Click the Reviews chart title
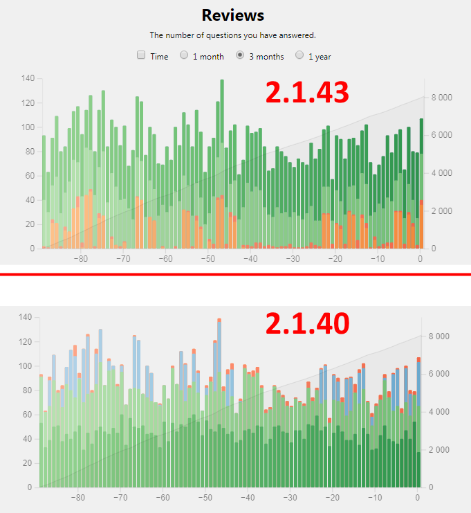point(232,15)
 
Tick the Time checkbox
point(141,55)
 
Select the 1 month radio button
point(184,55)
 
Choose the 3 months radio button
point(241,55)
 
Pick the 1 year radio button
point(299,55)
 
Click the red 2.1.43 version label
point(306,93)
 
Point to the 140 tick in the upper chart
point(28,78)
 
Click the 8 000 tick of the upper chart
point(441,98)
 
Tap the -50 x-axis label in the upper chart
point(207,259)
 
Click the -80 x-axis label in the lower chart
point(77,498)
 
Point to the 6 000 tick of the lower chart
point(441,374)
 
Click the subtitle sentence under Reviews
point(232,35)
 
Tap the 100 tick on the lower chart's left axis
point(26,366)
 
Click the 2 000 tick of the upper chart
point(441,210)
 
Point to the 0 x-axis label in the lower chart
point(417,498)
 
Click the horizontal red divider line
point(235,274)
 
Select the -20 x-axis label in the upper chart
point(335,259)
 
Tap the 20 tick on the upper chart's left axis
point(29,224)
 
